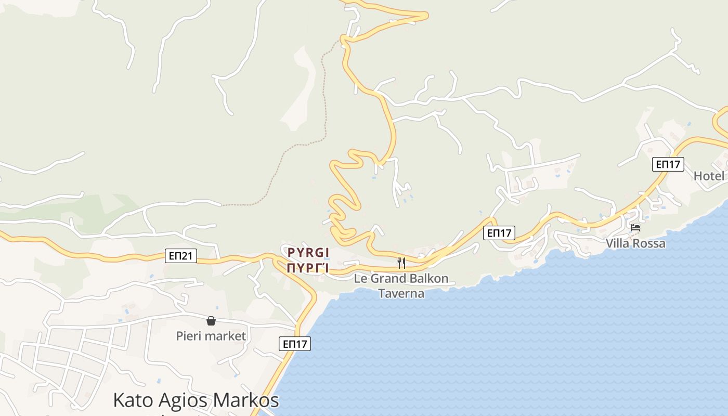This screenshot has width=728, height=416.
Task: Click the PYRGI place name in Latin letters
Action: (308, 253)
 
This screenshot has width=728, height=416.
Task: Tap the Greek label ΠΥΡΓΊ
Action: (308, 268)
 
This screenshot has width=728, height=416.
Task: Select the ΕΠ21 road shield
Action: (181, 255)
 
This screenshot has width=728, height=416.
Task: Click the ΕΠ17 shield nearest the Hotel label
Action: (668, 164)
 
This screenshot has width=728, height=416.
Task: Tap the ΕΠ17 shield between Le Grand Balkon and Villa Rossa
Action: (499, 233)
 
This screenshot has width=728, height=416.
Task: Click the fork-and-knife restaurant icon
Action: (401, 263)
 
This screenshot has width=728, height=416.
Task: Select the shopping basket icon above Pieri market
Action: (211, 321)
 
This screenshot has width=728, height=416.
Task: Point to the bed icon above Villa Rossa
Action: (635, 228)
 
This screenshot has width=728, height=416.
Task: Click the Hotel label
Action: (709, 176)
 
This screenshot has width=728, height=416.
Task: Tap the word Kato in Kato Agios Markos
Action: (134, 400)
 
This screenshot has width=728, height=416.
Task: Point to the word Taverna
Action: (401, 293)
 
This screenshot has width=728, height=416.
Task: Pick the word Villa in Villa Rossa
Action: (617, 243)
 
